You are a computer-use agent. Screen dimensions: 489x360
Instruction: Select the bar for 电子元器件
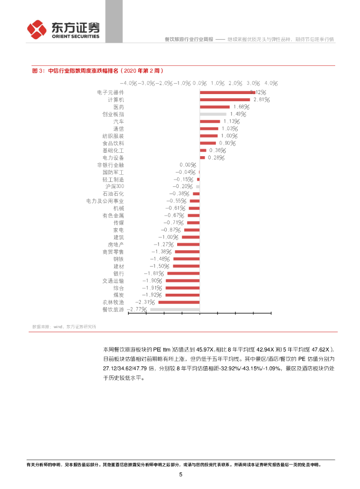tap(227, 92)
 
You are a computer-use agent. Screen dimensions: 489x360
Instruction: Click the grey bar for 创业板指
tap(213, 114)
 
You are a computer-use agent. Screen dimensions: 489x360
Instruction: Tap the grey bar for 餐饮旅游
tap(175, 309)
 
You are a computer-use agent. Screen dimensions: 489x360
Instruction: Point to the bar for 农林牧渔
tap(179, 302)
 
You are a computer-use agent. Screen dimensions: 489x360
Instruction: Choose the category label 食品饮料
tap(113, 143)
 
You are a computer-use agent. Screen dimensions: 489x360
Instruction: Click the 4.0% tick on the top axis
tap(271, 83)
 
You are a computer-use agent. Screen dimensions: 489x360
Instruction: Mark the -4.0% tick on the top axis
tap(127, 83)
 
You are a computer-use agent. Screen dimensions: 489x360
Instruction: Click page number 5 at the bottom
tap(180, 474)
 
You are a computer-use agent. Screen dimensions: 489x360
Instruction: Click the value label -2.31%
tap(144, 302)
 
